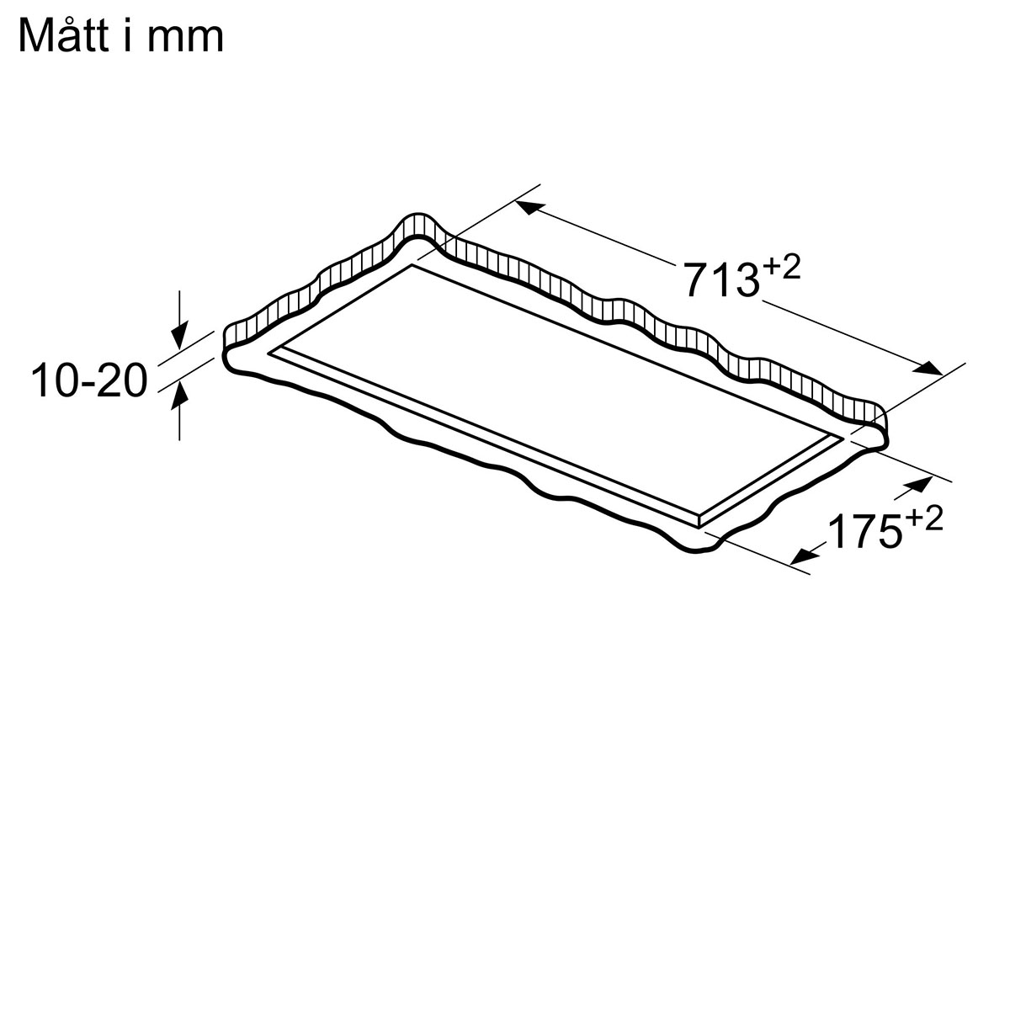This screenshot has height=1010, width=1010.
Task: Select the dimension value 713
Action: pyautogui.click(x=723, y=280)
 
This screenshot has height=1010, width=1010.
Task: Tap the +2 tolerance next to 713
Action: pyautogui.click(x=781, y=268)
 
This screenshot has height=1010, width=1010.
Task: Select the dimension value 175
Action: pyautogui.click(x=866, y=530)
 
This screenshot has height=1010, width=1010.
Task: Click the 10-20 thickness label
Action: pyautogui.click(x=89, y=381)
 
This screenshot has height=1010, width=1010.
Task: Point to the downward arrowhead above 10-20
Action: pyautogui.click(x=179, y=337)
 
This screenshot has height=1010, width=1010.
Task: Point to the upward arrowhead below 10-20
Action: pyautogui.click(x=179, y=396)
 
